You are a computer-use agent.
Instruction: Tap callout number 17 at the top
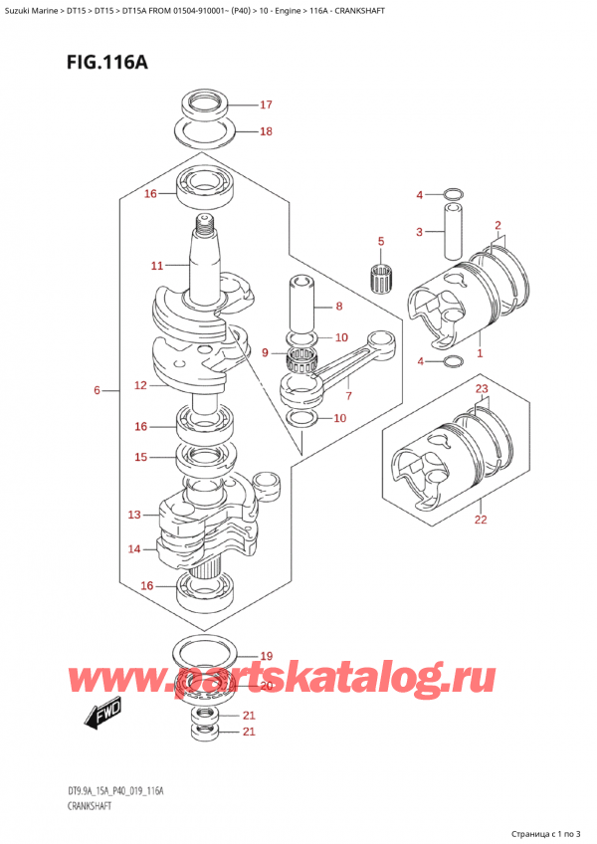266,105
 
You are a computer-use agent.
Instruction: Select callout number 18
266,130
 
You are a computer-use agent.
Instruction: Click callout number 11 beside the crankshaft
157,266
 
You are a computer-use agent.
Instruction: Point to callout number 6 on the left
97,390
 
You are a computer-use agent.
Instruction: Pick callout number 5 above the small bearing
379,241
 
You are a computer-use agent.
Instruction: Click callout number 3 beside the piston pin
420,232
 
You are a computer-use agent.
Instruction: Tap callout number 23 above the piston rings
482,388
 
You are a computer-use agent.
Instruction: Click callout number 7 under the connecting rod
348,396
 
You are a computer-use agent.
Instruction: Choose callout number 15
141,457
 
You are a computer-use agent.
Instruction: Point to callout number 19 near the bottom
266,656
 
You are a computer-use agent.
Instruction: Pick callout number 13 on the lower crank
135,515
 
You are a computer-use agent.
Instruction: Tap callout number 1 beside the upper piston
480,353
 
